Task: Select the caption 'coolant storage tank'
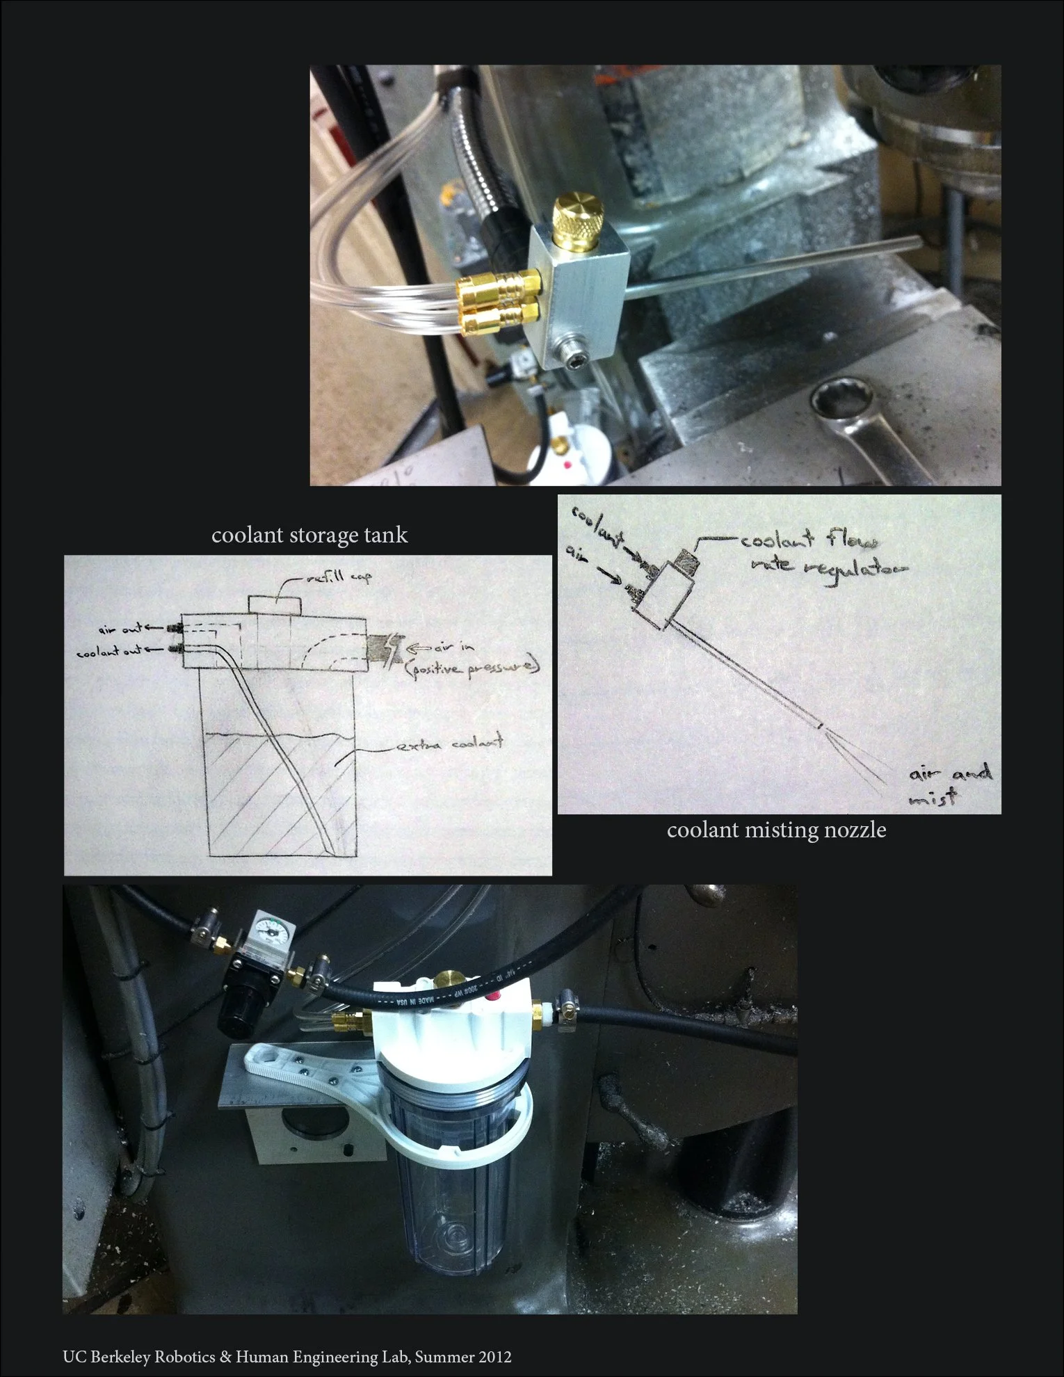pos(309,535)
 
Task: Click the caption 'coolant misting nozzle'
pos(776,830)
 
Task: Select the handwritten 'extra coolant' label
pos(449,745)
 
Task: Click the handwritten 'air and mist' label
pos(949,784)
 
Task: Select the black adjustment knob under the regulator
pos(232,1014)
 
